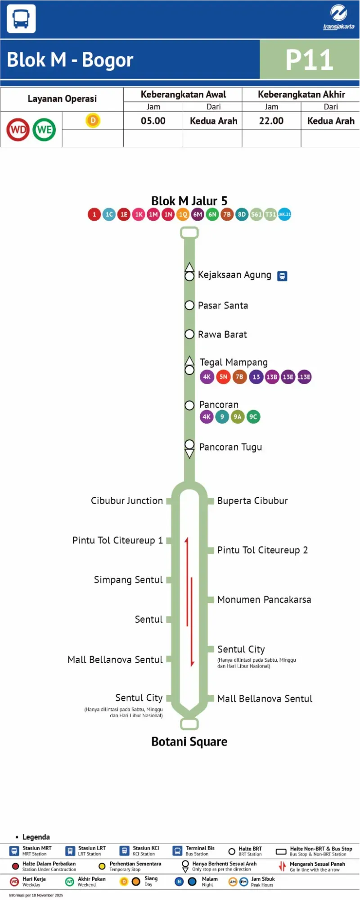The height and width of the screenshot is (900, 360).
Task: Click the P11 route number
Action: click(310, 60)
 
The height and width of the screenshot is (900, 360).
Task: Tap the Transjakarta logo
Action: click(338, 17)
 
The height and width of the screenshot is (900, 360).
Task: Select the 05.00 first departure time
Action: click(153, 121)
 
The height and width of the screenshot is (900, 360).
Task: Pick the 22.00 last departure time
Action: click(271, 121)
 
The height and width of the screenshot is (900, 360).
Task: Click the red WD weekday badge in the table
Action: click(18, 130)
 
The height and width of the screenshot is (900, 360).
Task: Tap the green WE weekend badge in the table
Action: click(44, 130)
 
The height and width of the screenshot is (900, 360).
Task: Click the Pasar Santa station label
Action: click(223, 305)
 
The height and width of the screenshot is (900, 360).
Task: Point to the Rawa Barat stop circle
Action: click(189, 334)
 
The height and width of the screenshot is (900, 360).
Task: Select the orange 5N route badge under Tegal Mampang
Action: click(223, 377)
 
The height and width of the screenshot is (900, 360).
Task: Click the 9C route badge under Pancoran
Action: click(253, 417)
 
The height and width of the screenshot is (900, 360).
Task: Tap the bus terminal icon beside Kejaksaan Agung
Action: click(282, 276)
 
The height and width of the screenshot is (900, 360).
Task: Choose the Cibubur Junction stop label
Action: click(127, 501)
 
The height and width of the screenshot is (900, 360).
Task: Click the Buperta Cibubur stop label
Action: click(252, 501)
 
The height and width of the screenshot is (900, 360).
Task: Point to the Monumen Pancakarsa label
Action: click(264, 600)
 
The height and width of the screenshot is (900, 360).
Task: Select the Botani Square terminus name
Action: click(189, 742)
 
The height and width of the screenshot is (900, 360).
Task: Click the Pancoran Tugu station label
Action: click(230, 447)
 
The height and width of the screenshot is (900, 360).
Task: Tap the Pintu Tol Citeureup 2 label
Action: click(262, 550)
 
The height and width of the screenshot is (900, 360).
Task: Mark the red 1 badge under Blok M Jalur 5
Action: click(94, 214)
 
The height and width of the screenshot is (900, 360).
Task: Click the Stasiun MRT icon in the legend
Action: click(14, 851)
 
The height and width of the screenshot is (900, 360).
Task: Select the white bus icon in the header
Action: click(21, 18)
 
